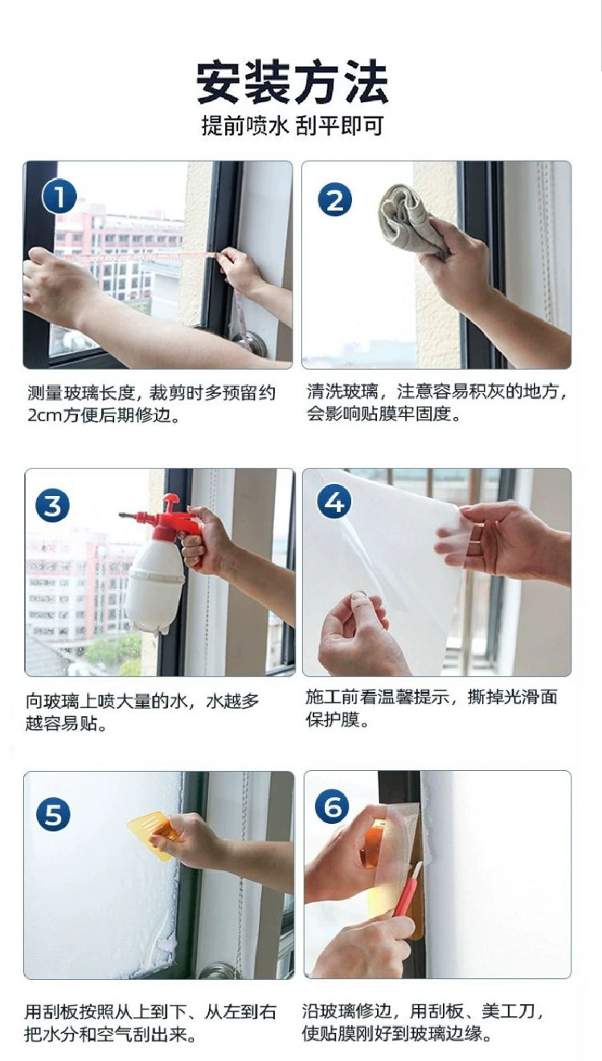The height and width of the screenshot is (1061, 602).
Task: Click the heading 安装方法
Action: coord(293,82)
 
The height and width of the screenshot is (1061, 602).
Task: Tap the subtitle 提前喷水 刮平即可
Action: coord(293,125)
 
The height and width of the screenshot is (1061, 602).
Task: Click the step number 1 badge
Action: coord(59,197)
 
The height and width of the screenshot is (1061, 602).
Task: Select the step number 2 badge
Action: coord(335,199)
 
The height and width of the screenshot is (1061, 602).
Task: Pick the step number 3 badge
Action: coord(52,506)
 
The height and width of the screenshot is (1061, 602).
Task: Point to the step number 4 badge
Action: coord(334,502)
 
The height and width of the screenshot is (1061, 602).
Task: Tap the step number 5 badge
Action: coord(53,813)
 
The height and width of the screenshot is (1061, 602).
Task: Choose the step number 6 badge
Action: coord(332,806)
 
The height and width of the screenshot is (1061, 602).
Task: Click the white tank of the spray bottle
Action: coord(155,584)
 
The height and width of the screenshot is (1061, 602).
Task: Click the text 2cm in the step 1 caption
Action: coord(45,415)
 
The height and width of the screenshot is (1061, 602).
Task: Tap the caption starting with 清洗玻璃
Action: coord(436,403)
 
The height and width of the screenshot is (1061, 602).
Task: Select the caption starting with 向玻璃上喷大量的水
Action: coord(142,712)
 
